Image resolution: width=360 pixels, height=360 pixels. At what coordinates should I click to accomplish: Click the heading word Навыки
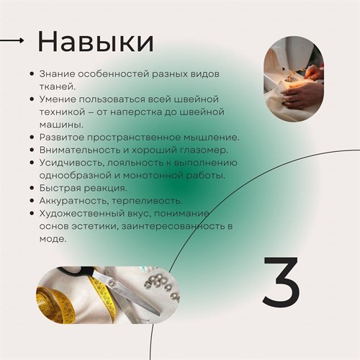point(96,41)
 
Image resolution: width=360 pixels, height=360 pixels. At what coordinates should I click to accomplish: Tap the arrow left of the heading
point(12,40)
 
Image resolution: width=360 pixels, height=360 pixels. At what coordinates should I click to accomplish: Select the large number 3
point(281,280)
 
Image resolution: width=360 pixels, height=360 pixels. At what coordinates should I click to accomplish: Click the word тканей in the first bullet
point(58,86)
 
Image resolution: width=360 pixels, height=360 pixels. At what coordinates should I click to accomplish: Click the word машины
point(61,125)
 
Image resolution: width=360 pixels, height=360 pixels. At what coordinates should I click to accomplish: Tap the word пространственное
point(134,138)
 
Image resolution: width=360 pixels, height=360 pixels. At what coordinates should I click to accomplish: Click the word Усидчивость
point(72,163)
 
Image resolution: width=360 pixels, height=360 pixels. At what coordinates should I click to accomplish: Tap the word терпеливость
point(147,201)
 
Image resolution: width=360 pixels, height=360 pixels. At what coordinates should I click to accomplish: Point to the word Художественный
point(82,214)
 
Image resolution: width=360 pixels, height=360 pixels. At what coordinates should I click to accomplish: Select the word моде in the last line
point(53,239)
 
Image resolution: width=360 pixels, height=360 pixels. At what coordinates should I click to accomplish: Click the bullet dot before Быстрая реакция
point(32,188)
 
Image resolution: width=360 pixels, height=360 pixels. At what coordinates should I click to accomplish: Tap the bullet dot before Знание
point(32,73)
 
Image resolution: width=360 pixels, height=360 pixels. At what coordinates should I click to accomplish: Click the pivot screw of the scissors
point(111,282)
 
